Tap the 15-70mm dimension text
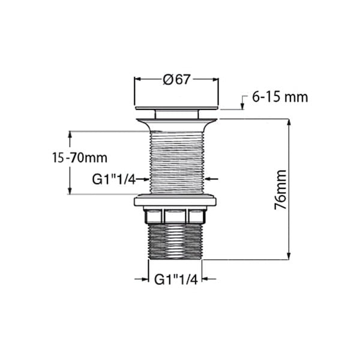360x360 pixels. tap(79, 158)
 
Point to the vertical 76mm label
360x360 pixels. tap(280, 189)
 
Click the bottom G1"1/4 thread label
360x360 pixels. tap(175, 279)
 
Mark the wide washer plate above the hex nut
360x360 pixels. tap(176, 201)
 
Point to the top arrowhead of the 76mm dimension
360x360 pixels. tap(290, 122)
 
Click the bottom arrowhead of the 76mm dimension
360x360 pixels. tap(290, 256)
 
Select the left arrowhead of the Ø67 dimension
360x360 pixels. tap(137, 79)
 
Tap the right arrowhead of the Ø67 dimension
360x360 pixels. tap(215, 79)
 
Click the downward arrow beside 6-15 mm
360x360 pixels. tap(242, 106)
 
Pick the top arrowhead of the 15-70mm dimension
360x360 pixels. tap(71, 134)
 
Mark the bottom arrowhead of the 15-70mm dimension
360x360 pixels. tap(71, 190)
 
